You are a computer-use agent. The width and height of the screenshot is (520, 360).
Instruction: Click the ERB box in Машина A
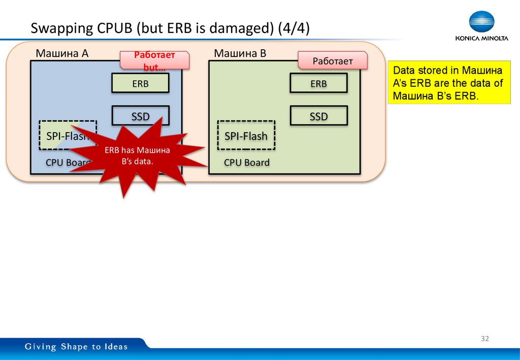pos(140,83)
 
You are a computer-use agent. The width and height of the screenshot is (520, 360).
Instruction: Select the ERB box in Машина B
pos(318,83)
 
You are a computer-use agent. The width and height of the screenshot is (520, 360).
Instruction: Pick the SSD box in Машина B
pos(318,116)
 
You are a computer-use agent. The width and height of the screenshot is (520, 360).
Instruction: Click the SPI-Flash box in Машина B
pos(246,136)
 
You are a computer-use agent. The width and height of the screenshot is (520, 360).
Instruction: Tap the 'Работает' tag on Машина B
pos(332,61)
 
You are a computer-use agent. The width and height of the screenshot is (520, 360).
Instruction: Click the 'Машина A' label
pos(62,53)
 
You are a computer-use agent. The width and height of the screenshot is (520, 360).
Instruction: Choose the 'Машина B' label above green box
pos(240,53)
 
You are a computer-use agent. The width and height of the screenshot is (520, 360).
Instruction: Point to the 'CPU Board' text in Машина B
pos(247,162)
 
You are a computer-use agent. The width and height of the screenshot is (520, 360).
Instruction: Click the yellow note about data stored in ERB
pos(448,83)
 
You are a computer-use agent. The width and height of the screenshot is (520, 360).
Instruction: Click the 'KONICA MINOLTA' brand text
pos(481,39)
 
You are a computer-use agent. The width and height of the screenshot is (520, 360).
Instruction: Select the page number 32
pos(484,339)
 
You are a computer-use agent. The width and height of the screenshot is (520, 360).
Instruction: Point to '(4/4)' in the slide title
pos(293,29)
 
